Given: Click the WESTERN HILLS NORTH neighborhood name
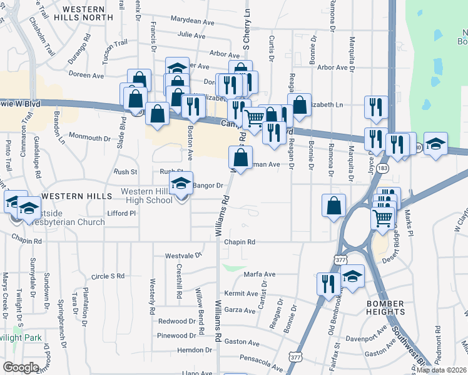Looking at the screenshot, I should click(x=96, y=14).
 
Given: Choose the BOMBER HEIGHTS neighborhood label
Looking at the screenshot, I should click(x=386, y=307).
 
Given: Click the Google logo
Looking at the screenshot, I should click(x=21, y=367).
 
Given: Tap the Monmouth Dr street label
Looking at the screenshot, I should click(x=89, y=137).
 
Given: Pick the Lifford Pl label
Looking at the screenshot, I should click(x=121, y=214).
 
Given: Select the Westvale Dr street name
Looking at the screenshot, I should click(x=184, y=256).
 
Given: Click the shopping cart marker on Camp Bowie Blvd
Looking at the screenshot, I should click(x=253, y=117).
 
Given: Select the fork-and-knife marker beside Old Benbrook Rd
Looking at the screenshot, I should click(x=328, y=284).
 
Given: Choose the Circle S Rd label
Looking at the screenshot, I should click(x=108, y=276).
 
